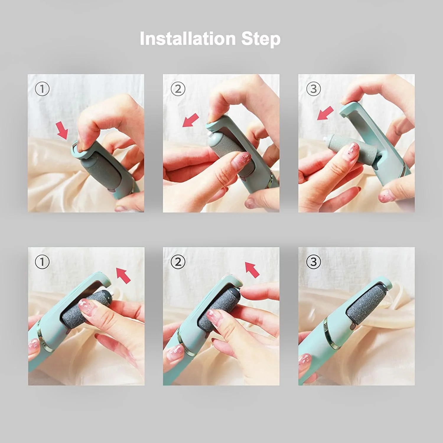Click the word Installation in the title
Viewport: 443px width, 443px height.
point(188,38)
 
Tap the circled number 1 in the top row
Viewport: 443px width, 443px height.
point(42,89)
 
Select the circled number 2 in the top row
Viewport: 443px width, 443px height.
point(178,89)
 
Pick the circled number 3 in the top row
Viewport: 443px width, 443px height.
point(313,89)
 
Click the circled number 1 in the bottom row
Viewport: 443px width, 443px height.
point(42,262)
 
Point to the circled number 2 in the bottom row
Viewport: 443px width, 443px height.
point(178,262)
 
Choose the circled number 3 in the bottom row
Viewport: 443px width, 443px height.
point(313,262)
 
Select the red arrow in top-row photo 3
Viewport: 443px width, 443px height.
point(325,113)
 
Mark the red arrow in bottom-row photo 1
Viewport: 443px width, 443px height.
point(123,275)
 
